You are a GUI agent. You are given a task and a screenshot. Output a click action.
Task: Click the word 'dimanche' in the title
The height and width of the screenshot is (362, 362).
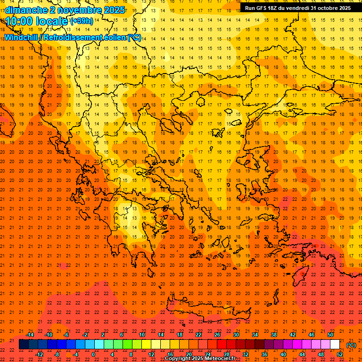click(x=26, y=10)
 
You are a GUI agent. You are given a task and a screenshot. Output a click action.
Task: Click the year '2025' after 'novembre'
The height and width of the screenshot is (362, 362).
click(x=113, y=10)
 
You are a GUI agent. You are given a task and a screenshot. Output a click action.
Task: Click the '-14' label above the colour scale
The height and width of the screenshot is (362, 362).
click(x=30, y=335)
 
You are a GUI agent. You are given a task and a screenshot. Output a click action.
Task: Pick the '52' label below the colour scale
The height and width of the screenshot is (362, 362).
click(x=340, y=354)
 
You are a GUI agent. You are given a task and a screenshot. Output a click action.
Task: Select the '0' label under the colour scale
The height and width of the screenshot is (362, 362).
click(x=93, y=354)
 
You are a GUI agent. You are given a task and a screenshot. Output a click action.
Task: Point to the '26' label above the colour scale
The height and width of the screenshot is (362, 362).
click(x=217, y=335)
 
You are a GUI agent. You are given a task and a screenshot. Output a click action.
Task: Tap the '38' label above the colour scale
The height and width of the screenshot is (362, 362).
click(x=274, y=335)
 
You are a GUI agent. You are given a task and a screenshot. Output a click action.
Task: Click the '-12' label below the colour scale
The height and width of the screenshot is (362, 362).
click(x=39, y=354)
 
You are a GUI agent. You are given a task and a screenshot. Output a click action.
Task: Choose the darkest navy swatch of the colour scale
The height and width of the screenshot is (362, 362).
click(x=24, y=345)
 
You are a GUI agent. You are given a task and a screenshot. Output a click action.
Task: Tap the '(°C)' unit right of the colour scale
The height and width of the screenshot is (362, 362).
click(x=351, y=345)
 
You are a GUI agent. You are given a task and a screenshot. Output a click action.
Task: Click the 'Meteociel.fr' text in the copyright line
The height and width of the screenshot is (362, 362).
click(x=220, y=359)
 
